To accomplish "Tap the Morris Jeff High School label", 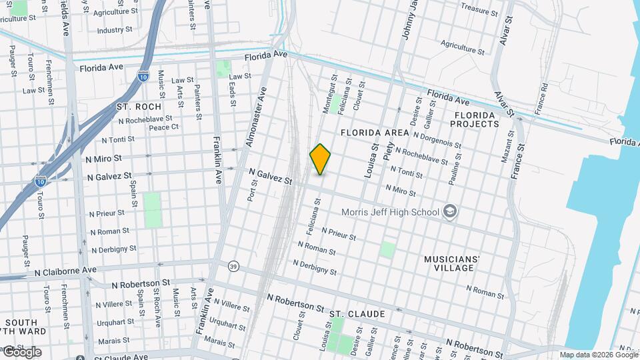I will [x=390, y=213].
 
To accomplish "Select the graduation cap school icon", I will [x=451, y=212].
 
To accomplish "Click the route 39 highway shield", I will [x=233, y=266].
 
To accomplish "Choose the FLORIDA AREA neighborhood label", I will [x=375, y=133].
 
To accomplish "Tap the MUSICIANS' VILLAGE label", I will [x=452, y=263].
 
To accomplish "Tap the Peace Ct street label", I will [x=163, y=127].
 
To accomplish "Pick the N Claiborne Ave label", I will [x=65, y=271].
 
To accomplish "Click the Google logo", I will [x=22, y=352].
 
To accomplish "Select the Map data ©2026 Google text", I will [x=598, y=355].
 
